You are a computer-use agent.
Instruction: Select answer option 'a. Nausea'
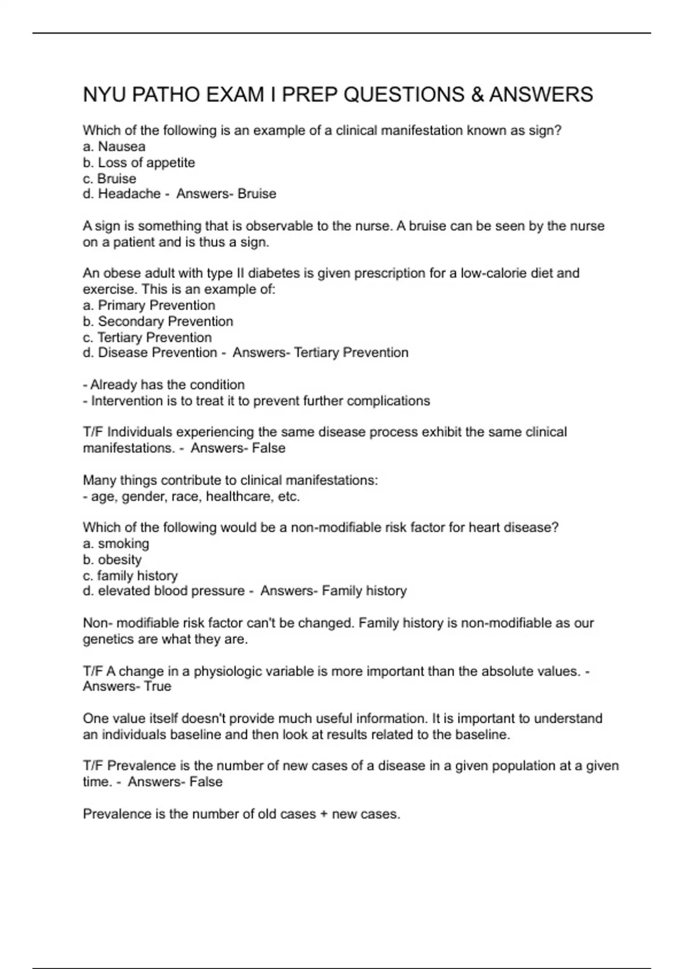(x=114, y=146)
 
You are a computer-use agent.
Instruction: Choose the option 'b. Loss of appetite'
(x=139, y=162)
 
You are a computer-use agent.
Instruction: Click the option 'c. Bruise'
(x=109, y=178)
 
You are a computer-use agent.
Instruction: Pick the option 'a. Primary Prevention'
(x=149, y=305)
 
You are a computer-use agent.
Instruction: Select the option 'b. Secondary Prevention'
(x=158, y=321)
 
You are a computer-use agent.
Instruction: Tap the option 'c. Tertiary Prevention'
(x=147, y=337)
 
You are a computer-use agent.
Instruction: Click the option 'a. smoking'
(x=116, y=543)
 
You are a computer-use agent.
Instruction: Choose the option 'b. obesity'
(x=112, y=559)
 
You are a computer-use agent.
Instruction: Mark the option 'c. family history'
(x=130, y=575)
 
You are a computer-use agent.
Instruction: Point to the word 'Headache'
(x=129, y=194)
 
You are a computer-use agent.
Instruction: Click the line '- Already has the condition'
(x=164, y=385)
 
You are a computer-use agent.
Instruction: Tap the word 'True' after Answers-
(x=158, y=686)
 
